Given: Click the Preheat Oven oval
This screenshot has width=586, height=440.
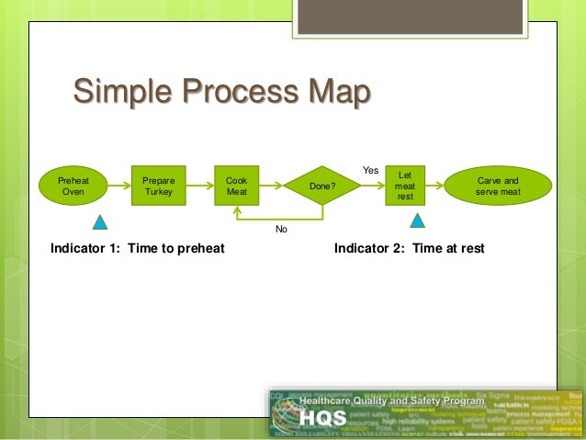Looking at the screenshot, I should point(73,186).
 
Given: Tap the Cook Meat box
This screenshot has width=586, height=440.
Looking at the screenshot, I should point(236,186).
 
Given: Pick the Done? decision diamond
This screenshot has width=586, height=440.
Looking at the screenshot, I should point(322,186).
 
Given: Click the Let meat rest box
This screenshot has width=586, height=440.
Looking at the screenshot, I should point(405,186).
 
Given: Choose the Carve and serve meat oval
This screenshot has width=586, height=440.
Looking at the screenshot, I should point(499,186).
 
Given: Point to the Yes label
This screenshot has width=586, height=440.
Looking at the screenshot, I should point(370,170).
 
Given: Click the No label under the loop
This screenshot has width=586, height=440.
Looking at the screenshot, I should point(281,229).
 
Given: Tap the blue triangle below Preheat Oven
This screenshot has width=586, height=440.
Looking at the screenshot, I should point(102,221).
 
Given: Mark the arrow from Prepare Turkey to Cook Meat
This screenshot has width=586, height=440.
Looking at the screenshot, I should point(198,186).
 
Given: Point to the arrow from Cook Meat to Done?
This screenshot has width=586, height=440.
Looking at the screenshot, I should point(273,186).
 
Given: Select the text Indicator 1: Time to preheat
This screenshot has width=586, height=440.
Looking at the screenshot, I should point(138,248).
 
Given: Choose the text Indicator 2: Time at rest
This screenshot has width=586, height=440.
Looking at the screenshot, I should point(409,248).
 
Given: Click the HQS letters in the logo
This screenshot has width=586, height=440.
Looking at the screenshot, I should point(320,418).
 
